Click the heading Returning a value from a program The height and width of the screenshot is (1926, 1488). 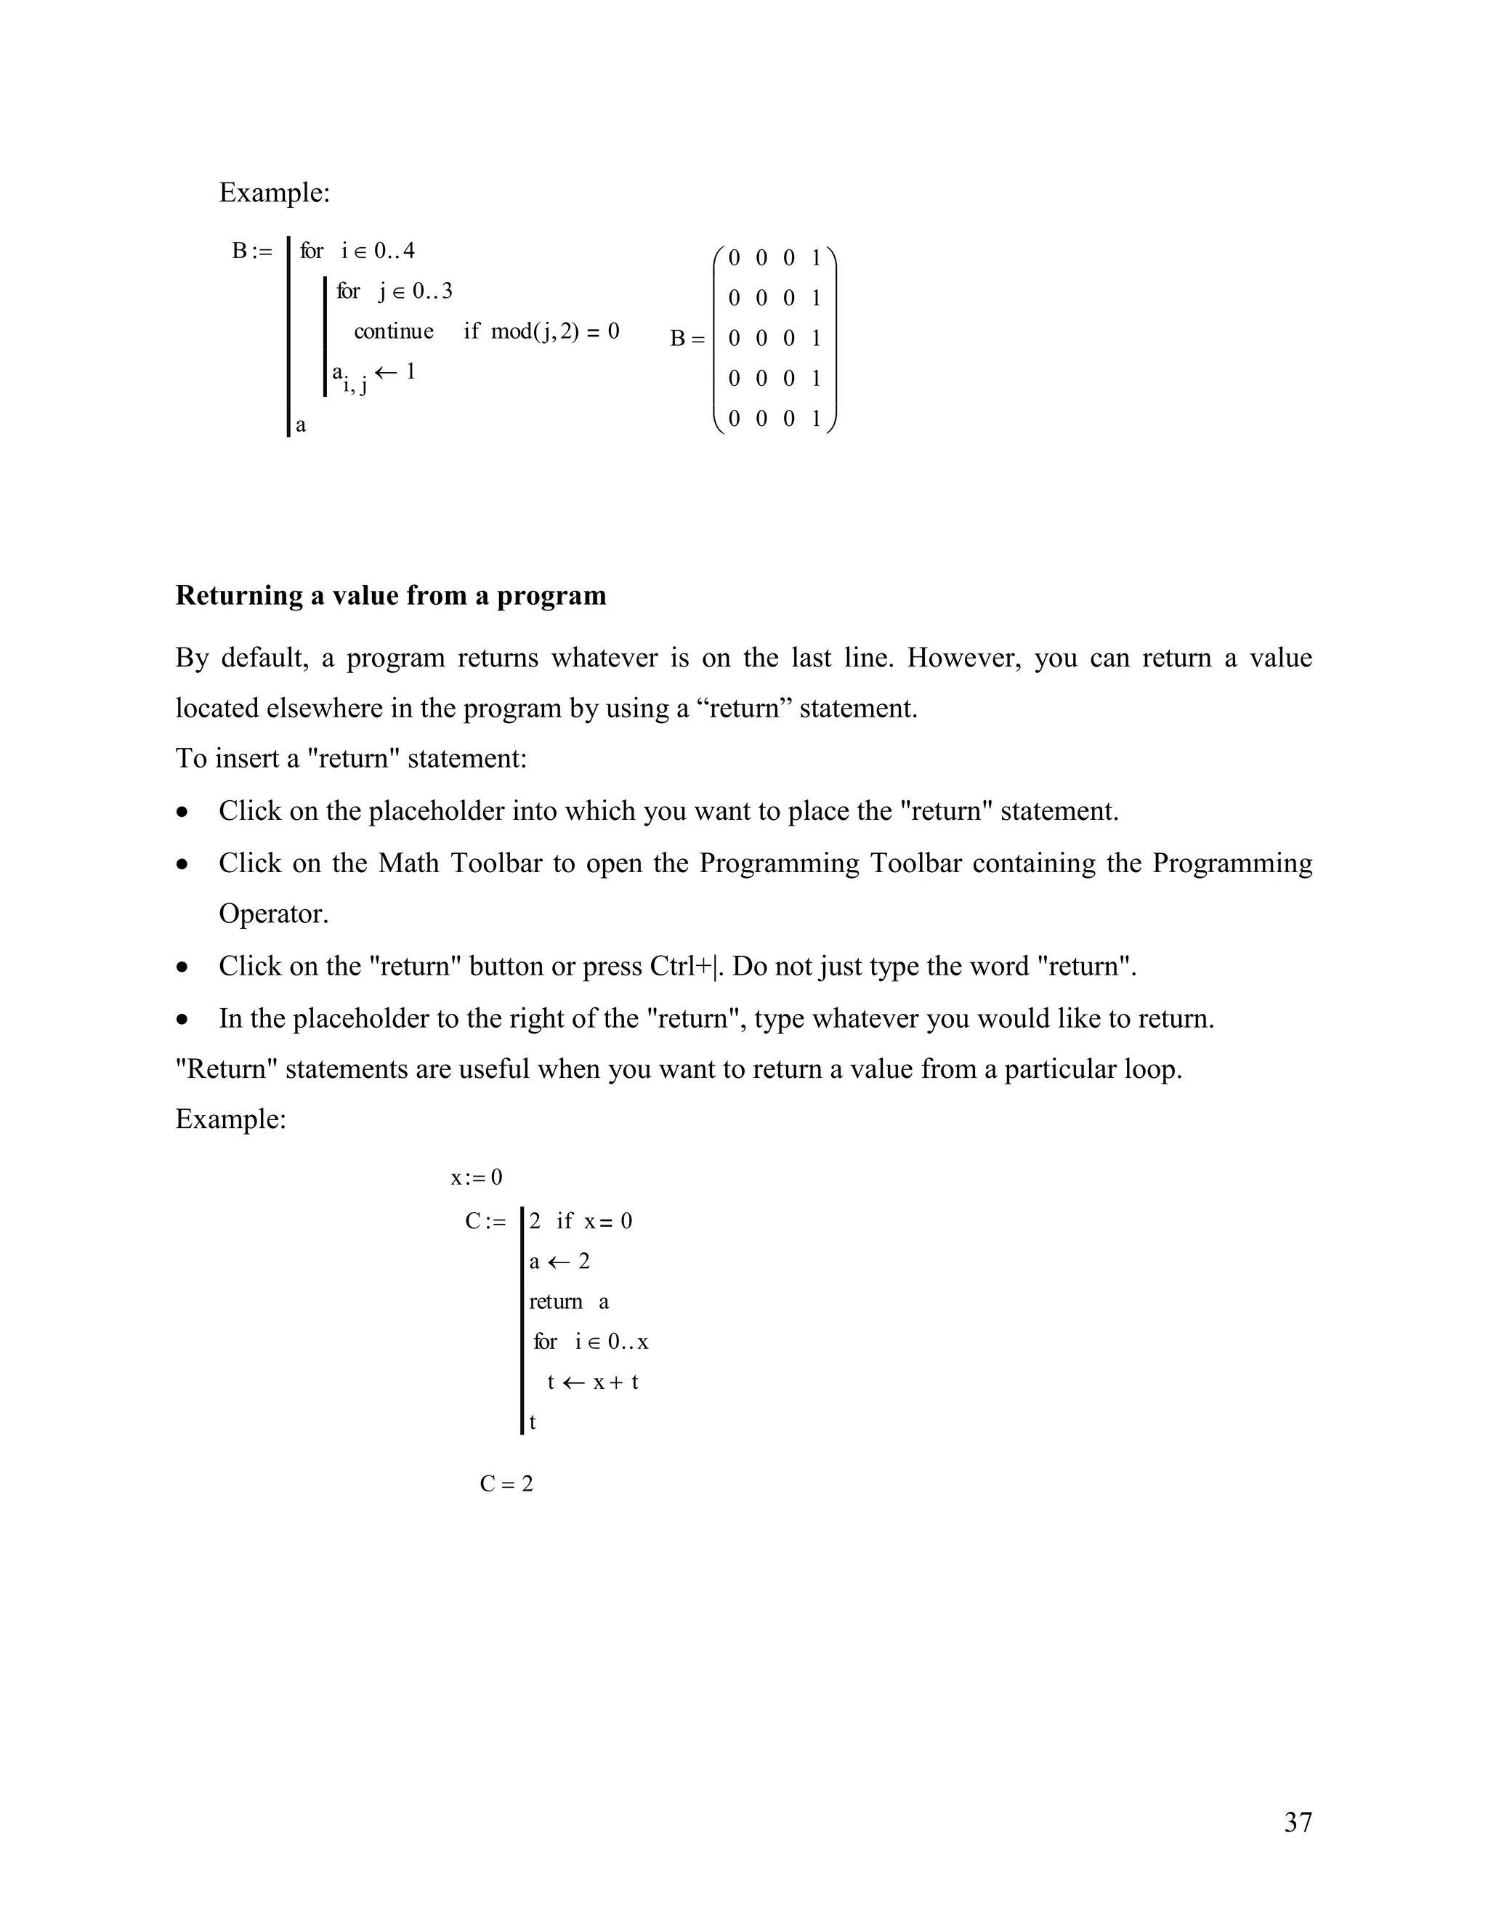click(390, 595)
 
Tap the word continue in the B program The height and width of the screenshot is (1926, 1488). click(393, 331)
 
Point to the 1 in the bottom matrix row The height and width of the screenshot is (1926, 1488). click(815, 418)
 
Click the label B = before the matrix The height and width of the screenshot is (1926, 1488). click(687, 339)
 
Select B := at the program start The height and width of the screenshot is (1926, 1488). click(252, 251)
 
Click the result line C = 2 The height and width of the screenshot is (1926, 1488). click(506, 1483)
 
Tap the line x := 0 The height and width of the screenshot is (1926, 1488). click(476, 1177)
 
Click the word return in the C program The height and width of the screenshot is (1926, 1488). click(555, 1302)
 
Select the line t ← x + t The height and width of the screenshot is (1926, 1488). click(592, 1382)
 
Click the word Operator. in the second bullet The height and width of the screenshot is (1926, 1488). click(273, 914)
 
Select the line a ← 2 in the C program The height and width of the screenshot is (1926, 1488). click(559, 1261)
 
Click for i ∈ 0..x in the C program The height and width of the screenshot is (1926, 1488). click(591, 1342)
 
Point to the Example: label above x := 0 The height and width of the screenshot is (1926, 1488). click(231, 1119)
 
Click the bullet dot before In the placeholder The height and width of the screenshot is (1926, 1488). click(182, 1020)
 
